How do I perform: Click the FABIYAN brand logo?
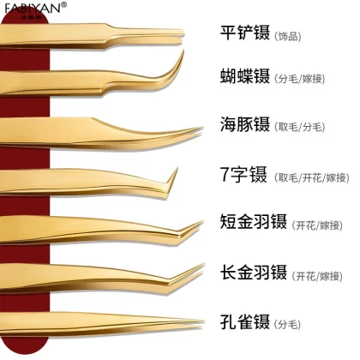pyautogui.click(x=33, y=8)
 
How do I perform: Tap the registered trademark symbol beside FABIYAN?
pyautogui.click(x=64, y=4)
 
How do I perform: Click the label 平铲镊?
pyautogui.click(x=245, y=33)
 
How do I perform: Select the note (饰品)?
pyautogui.click(x=287, y=37)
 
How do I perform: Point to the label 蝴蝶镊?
pyautogui.click(x=245, y=75)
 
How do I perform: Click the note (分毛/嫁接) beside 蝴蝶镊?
pyautogui.click(x=299, y=79)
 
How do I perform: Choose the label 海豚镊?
pyautogui.click(x=245, y=124)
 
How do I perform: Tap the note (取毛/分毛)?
pyautogui.click(x=299, y=127)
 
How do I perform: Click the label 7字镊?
pyautogui.click(x=243, y=174)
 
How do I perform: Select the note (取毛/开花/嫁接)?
pyautogui.click(x=312, y=178)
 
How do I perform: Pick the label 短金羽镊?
pyautogui.click(x=254, y=221)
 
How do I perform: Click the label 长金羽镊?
pyautogui.click(x=254, y=272)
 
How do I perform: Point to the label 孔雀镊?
pyautogui.click(x=245, y=321)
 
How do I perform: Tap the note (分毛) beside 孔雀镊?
pyautogui.click(x=287, y=325)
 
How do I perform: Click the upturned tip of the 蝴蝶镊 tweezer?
pyautogui.click(x=183, y=51)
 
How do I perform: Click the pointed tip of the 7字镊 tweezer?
pyautogui.click(x=177, y=168)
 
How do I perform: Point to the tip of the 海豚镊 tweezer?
pyautogui.click(x=202, y=128)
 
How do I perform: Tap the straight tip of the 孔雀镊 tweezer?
pyautogui.click(x=204, y=321)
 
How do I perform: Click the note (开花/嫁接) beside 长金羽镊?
pyautogui.click(x=317, y=276)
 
